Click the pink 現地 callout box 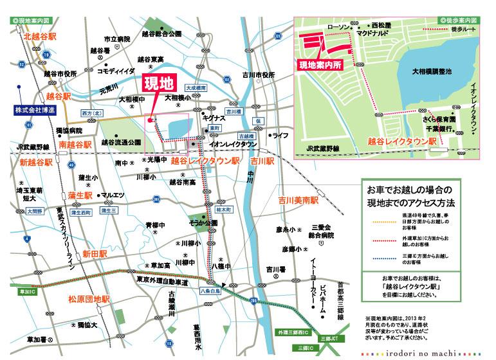coord(157,85)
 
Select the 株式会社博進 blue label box coord(35,111)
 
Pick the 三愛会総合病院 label coord(320,231)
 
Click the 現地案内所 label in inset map coord(321,65)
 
